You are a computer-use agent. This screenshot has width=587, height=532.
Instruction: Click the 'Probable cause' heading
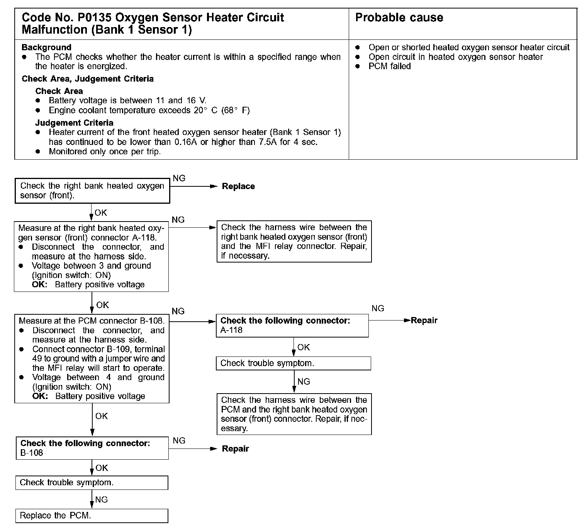click(399, 18)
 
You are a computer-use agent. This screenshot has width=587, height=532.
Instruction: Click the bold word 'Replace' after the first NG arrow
click(238, 186)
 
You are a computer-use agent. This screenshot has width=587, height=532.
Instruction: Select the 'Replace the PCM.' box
click(92, 516)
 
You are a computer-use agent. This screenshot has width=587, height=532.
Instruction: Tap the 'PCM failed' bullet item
click(389, 66)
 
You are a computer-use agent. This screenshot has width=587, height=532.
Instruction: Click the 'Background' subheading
click(46, 48)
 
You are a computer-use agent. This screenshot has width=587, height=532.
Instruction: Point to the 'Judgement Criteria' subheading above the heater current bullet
click(74, 123)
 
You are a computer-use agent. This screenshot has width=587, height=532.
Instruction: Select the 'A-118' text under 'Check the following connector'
click(231, 330)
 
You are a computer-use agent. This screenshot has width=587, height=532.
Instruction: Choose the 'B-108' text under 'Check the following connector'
click(32, 453)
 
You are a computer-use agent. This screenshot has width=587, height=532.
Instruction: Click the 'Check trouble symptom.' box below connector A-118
click(293, 363)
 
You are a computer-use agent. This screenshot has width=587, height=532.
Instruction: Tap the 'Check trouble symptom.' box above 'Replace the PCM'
click(92, 483)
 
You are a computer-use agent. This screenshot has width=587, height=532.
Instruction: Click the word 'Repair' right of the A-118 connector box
click(424, 321)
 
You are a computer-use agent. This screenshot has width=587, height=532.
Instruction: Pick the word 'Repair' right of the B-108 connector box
click(235, 449)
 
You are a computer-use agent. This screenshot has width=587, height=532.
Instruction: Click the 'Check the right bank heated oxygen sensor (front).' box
click(92, 191)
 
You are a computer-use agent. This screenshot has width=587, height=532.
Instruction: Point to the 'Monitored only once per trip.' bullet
click(104, 152)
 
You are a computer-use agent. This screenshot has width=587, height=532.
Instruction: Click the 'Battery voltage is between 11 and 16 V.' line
click(127, 101)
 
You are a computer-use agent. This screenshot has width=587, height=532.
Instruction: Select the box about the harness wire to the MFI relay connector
click(294, 241)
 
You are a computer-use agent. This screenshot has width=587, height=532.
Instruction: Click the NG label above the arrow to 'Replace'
click(179, 178)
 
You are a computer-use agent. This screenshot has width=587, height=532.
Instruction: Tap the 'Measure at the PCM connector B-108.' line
click(92, 321)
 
